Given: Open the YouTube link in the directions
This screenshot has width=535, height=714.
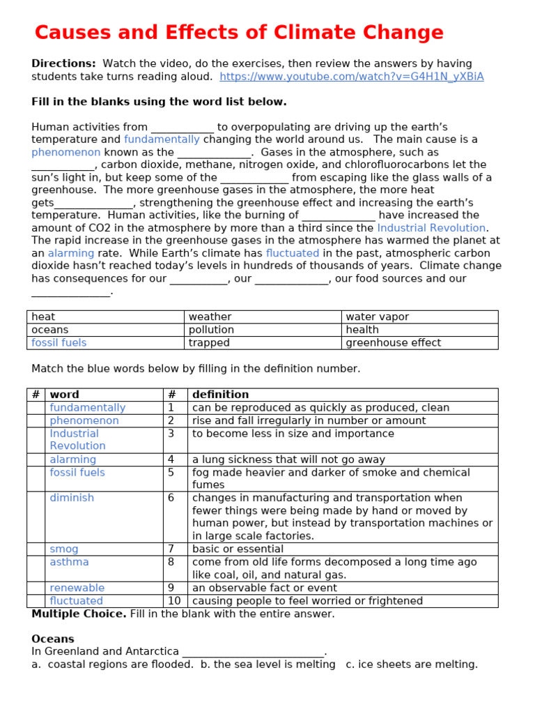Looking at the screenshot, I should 351,77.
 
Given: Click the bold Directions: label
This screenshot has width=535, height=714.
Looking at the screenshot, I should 63,63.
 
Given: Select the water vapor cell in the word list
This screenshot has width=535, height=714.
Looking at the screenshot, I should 377,317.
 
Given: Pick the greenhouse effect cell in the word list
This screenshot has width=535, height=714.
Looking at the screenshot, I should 393,343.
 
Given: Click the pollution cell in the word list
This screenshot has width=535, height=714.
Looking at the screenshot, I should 211,330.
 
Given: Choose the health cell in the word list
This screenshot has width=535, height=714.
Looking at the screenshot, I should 362,330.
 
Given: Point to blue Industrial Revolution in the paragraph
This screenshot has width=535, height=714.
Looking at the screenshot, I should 431,228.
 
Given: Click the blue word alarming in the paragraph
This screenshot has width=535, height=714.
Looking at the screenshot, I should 71,254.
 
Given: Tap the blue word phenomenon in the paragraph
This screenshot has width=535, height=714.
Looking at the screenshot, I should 66,152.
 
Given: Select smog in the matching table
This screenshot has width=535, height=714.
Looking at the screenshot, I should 64,549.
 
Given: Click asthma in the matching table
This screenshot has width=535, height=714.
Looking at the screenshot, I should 69,562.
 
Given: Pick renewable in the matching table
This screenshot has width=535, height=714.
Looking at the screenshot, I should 77,588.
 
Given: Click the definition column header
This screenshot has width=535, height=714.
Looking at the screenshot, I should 220,395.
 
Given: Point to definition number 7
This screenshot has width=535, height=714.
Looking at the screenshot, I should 171,549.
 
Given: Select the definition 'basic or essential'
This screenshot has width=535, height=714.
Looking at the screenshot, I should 238,549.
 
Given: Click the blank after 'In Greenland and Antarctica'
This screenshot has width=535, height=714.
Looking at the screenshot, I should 254,652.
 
